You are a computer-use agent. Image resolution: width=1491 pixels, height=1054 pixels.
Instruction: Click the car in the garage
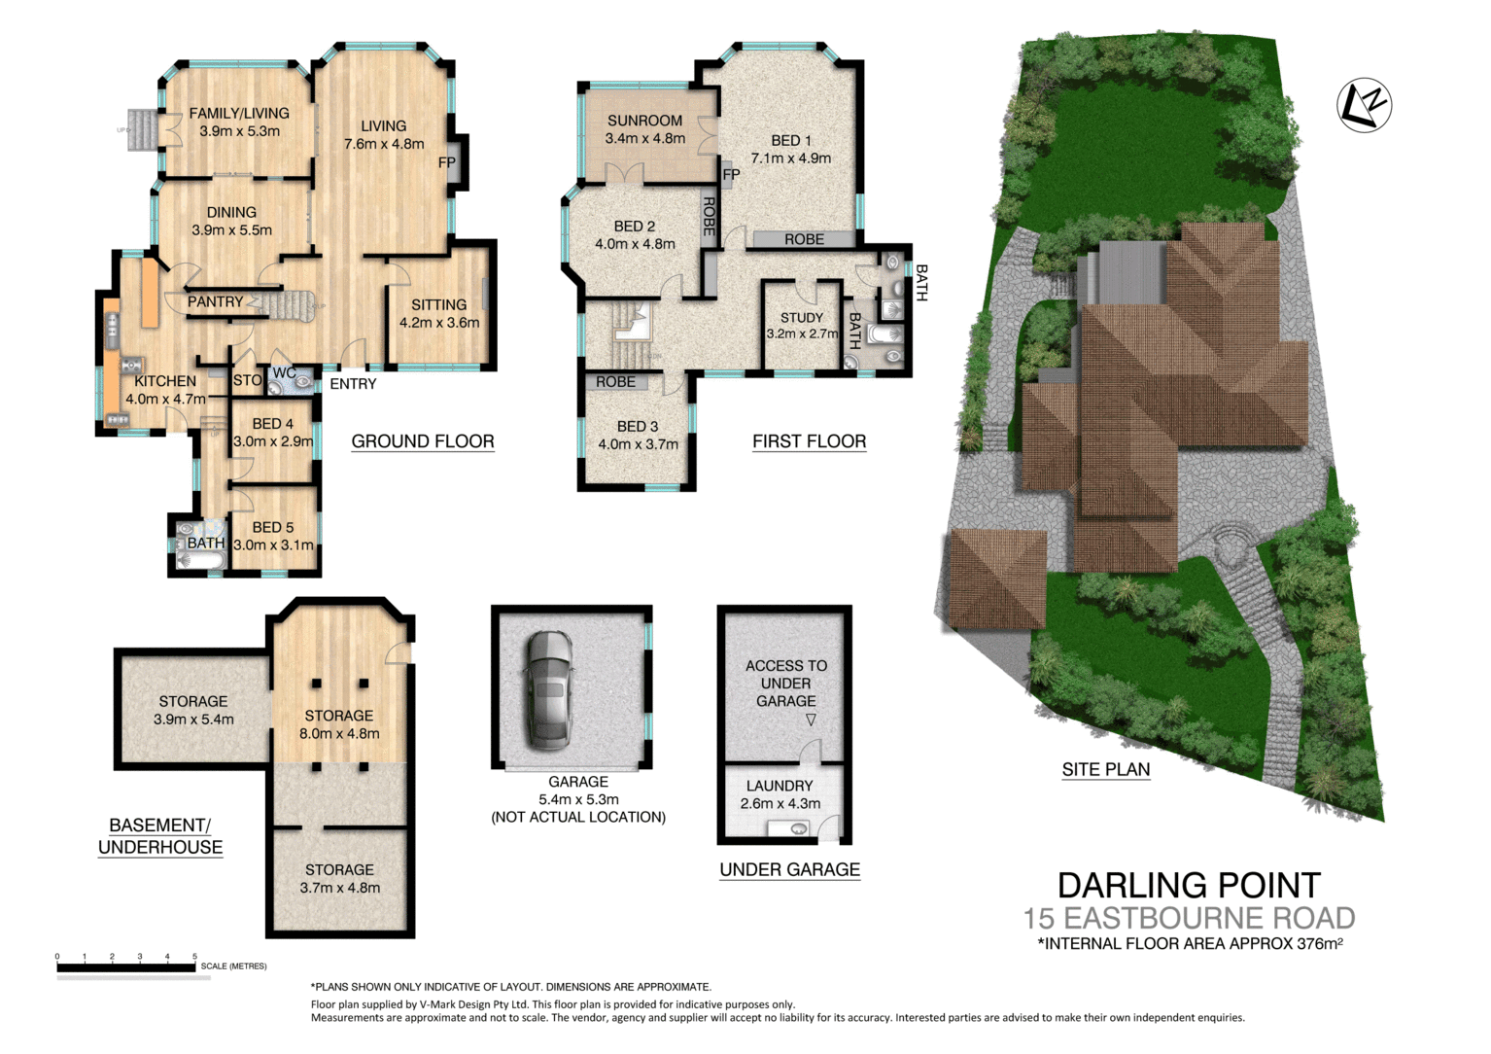pyautogui.click(x=549, y=690)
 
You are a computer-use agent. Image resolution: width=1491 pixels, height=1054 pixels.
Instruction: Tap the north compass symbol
pyautogui.click(x=1364, y=105)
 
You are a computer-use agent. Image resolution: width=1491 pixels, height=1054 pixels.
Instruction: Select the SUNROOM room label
pyautogui.click(x=644, y=121)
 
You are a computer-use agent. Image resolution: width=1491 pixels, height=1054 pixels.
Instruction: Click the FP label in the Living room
pyautogui.click(x=446, y=162)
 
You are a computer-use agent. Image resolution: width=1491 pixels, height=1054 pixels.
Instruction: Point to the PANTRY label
pyautogui.click(x=215, y=302)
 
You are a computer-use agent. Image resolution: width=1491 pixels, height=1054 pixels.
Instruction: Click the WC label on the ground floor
pyautogui.click(x=284, y=373)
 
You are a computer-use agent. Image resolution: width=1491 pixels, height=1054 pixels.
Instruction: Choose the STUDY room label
pyautogui.click(x=801, y=318)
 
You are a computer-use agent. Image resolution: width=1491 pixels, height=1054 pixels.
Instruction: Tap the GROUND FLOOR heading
pyautogui.click(x=422, y=441)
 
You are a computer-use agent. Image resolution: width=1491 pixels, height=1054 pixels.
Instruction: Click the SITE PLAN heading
pyautogui.click(x=1105, y=769)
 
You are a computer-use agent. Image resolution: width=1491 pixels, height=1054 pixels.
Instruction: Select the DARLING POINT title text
pyautogui.click(x=1188, y=885)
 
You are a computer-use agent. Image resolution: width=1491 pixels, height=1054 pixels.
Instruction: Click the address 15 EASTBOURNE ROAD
pyautogui.click(x=1188, y=918)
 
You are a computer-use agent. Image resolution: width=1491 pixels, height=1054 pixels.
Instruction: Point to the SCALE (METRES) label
pyautogui.click(x=233, y=966)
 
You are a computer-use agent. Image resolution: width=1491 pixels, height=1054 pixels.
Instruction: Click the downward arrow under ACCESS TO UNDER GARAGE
pyautogui.click(x=810, y=720)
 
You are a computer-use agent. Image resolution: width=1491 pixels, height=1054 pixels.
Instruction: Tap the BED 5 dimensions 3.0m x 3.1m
pyautogui.click(x=273, y=545)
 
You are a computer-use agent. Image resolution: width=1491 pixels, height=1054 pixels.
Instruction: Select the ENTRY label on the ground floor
pyautogui.click(x=353, y=384)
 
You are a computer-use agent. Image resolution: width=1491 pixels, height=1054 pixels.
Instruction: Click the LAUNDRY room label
pyautogui.click(x=779, y=786)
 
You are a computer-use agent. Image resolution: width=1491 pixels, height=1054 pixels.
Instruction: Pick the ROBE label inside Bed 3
pyautogui.click(x=615, y=382)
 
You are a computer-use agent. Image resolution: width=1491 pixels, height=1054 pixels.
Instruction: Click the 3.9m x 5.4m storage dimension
pyautogui.click(x=193, y=720)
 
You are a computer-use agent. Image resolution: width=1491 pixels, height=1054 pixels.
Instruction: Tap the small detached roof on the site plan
pyautogui.click(x=995, y=579)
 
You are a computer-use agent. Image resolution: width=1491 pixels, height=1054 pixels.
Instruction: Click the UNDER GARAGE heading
pyautogui.click(x=789, y=869)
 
